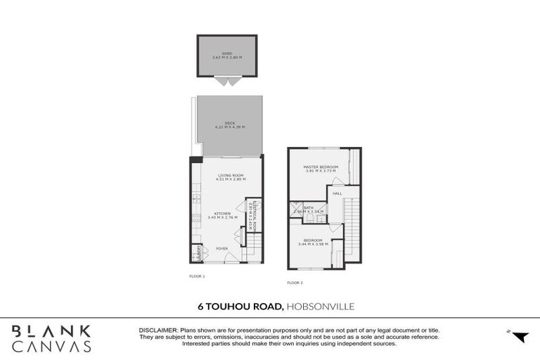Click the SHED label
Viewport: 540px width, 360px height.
226,52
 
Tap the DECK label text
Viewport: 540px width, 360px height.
229,122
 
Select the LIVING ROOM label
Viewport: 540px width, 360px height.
230,175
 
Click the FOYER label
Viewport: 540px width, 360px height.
222,248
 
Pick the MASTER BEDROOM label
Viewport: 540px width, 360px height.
321,167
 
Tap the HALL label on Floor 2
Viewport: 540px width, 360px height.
337,193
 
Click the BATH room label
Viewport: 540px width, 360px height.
308,207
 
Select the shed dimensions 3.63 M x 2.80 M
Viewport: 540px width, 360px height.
226,56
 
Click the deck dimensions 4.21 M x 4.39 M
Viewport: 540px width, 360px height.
229,127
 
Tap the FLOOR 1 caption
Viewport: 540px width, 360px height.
197,276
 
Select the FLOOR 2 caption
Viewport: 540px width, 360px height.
295,283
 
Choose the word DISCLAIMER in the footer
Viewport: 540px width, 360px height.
158,329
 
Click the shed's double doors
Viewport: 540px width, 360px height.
226,82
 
